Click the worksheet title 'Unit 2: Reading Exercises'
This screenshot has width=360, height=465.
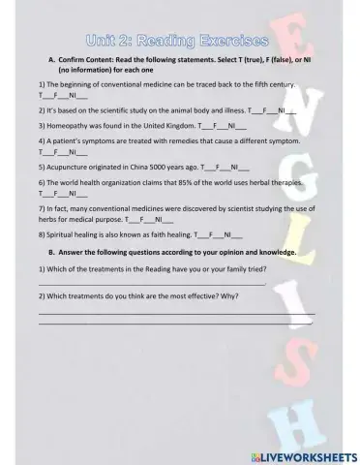pos(175,41)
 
